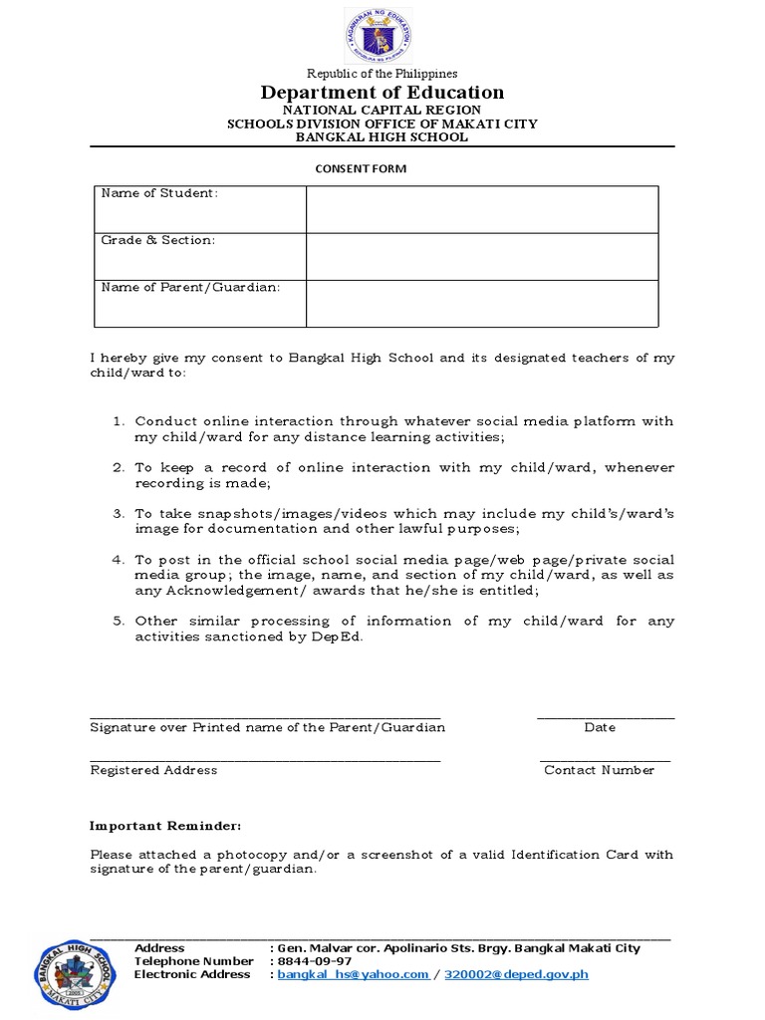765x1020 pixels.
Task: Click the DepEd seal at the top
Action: (378, 36)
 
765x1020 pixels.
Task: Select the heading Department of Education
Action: (382, 93)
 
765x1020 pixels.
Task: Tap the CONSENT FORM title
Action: (361, 168)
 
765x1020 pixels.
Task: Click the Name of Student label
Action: (159, 193)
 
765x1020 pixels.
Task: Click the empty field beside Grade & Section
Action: (482, 256)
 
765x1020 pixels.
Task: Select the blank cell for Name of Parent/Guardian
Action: (482, 303)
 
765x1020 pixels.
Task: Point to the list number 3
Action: (118, 514)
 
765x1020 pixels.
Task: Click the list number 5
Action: (118, 621)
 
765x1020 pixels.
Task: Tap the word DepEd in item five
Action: (342, 637)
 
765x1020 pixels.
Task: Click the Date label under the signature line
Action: (600, 727)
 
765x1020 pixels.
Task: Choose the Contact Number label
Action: (599, 770)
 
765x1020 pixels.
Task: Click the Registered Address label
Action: (153, 770)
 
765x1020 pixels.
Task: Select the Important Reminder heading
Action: (165, 827)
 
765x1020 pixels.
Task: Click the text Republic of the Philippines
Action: (382, 74)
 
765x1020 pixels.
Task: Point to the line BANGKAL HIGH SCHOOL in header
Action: (382, 137)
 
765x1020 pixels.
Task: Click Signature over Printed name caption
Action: (268, 727)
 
